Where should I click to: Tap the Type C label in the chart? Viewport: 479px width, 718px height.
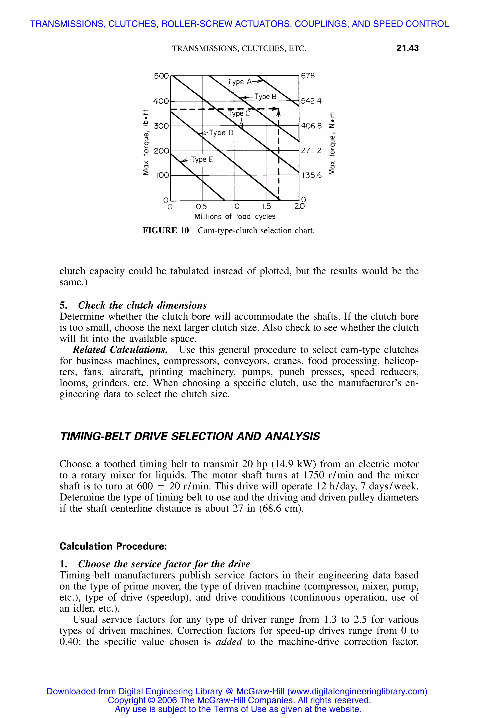pos(239,114)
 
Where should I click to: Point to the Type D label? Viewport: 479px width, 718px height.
pos(221,133)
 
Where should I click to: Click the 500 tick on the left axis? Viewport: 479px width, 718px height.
pos(161,76)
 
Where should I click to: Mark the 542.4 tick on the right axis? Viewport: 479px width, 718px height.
pos(311,101)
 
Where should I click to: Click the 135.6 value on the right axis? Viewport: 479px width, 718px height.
pos(312,176)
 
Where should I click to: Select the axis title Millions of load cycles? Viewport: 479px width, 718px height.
pos(235,216)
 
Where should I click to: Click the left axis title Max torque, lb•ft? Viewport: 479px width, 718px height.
pos(146,142)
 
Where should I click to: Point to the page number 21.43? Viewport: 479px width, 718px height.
pos(407,48)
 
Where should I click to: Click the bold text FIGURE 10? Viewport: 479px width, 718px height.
pos(166,230)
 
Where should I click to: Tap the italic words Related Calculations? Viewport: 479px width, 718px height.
pos(120,350)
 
